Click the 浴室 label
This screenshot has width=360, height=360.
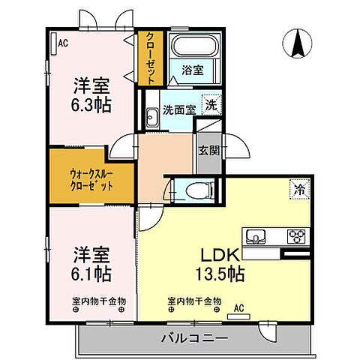click(x=192, y=71)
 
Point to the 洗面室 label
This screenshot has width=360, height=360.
click(x=180, y=109)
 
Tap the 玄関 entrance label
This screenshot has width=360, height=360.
click(x=208, y=150)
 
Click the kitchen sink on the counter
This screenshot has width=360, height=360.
click(x=257, y=238)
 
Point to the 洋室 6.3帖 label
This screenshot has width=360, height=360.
click(x=91, y=94)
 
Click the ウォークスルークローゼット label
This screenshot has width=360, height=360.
click(x=91, y=177)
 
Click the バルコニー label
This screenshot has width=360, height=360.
click(x=193, y=338)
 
